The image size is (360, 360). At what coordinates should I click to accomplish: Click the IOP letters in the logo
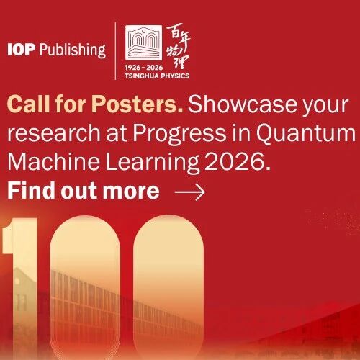(22, 50)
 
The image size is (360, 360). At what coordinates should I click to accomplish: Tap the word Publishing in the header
(73, 50)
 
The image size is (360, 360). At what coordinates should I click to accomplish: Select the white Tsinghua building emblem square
(144, 42)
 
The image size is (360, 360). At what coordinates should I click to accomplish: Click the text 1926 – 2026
(144, 68)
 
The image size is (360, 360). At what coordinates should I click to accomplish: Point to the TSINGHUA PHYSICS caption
(157, 76)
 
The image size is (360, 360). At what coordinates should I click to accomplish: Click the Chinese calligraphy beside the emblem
(179, 46)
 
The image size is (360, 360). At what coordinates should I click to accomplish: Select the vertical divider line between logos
(116, 50)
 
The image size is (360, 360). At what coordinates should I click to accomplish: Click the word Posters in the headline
(137, 104)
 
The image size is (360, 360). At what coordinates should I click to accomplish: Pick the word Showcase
(243, 104)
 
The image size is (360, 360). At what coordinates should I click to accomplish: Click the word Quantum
(305, 132)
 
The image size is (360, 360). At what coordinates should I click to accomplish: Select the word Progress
(179, 134)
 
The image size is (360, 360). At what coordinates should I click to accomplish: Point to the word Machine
(53, 161)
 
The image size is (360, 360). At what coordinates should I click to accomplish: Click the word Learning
(153, 162)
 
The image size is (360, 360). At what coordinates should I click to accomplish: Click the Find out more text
(84, 191)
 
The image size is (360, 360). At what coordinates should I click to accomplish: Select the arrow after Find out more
(190, 192)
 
